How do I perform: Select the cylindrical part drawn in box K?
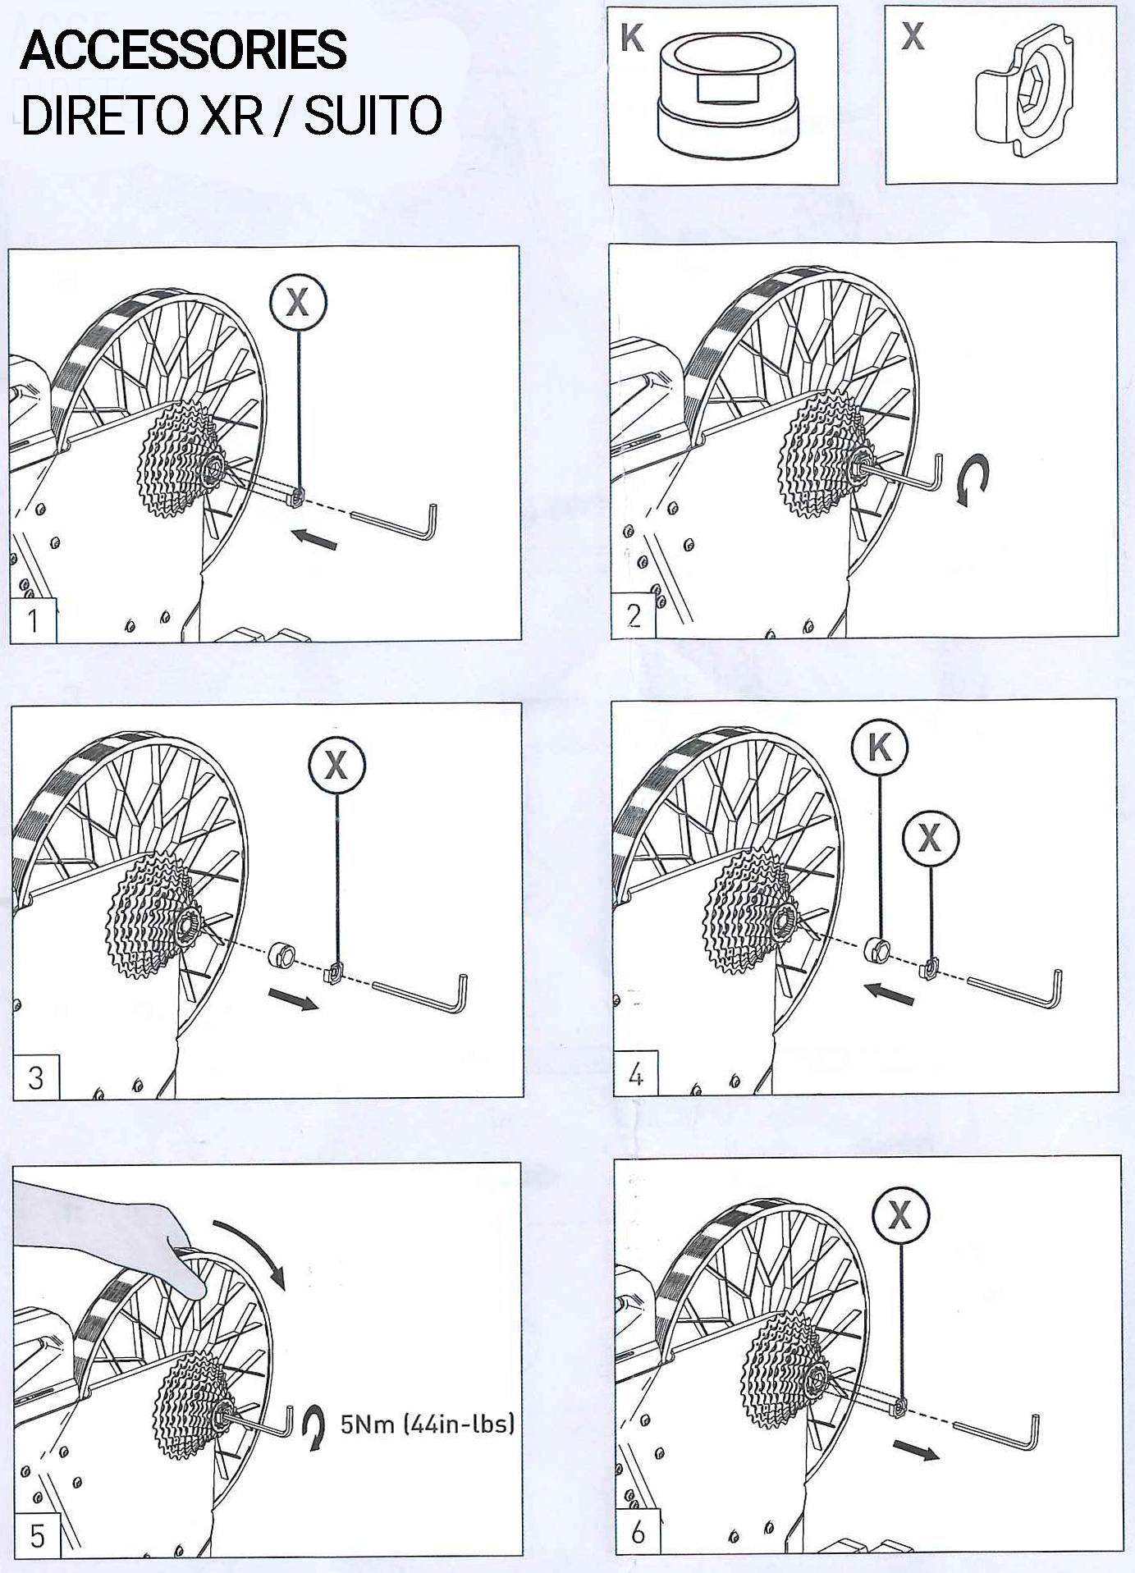(x=727, y=94)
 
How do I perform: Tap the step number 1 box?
(x=33, y=620)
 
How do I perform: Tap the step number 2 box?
(x=634, y=615)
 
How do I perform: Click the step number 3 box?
(x=36, y=1077)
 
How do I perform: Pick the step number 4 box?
(x=636, y=1074)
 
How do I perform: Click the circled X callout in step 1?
(x=297, y=302)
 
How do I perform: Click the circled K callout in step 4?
(x=880, y=748)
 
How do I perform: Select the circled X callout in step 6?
(x=900, y=1214)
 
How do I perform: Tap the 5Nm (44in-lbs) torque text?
(x=428, y=1424)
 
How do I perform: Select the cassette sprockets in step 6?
(x=779, y=1370)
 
